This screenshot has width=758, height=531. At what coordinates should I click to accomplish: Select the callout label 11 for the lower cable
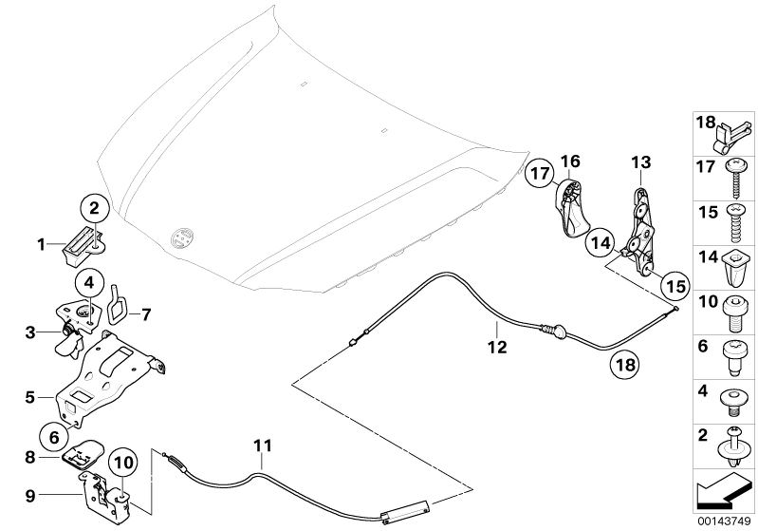pyautogui.click(x=263, y=445)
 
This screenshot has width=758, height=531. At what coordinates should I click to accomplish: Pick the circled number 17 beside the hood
pyautogui.click(x=540, y=175)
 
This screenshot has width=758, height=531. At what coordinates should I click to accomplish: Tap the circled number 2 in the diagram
pyautogui.click(x=95, y=206)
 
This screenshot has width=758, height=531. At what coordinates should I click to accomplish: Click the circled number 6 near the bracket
pyautogui.click(x=54, y=437)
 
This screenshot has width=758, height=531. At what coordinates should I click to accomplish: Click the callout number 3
pyautogui.click(x=31, y=332)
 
